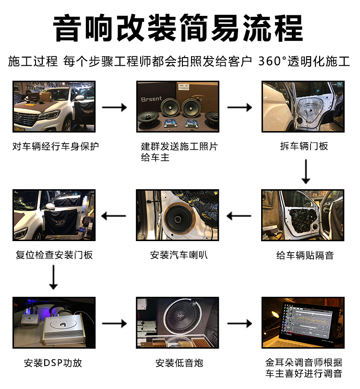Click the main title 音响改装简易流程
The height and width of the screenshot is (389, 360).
(178, 28)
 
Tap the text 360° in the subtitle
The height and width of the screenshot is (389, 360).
(272, 61)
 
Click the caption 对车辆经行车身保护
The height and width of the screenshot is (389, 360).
(56, 146)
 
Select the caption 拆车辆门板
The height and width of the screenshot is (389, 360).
(304, 146)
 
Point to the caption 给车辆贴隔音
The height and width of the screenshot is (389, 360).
(305, 255)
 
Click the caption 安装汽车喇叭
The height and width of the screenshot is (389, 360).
(179, 255)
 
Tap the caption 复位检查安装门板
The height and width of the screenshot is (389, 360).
(54, 255)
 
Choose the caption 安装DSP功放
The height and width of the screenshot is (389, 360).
(53, 363)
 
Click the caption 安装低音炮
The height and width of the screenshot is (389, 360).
(179, 363)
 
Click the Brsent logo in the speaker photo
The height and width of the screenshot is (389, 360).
(151, 99)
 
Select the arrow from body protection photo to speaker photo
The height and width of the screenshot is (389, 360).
(114, 108)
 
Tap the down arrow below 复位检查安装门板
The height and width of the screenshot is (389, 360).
(53, 277)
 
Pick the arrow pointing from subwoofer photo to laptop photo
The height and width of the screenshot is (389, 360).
(240, 323)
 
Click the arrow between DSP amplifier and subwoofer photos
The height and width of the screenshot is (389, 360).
(114, 323)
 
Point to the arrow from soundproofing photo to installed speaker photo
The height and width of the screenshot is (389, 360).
(239, 216)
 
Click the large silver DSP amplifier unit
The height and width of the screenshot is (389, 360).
(64, 330)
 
